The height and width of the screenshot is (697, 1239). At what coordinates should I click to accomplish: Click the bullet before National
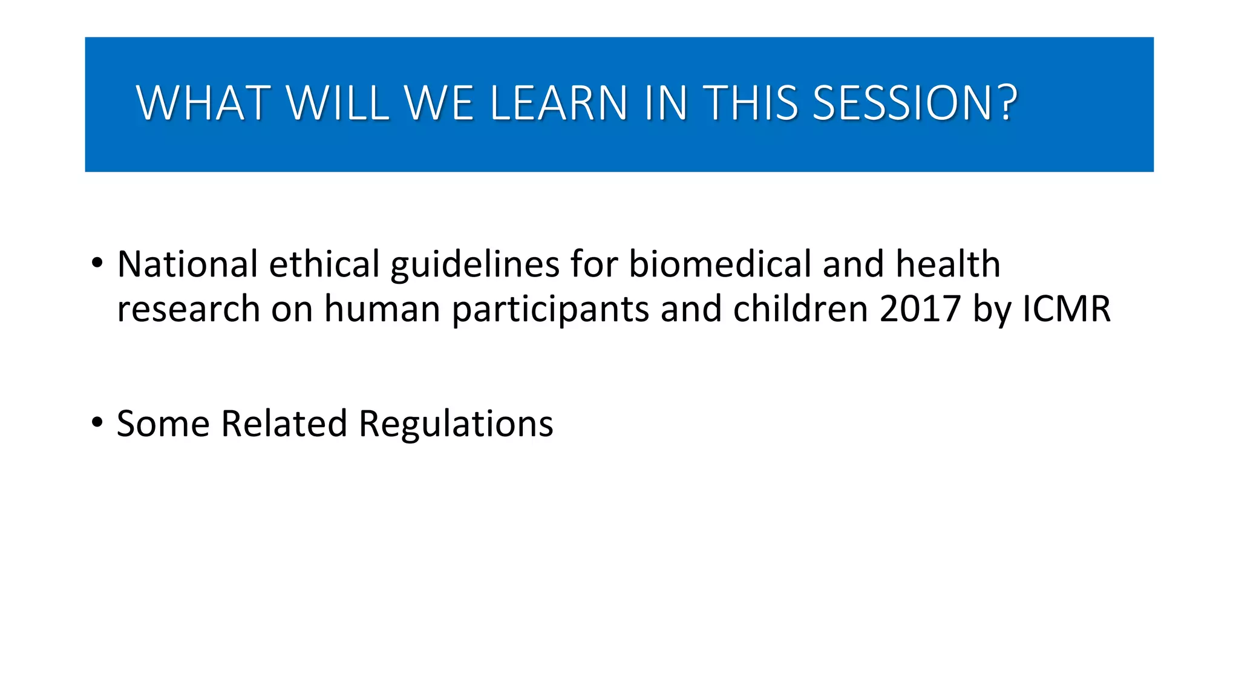(x=97, y=264)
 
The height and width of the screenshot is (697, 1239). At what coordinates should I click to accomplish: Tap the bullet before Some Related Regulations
(x=97, y=423)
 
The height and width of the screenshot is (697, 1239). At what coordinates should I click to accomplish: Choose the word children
(x=800, y=309)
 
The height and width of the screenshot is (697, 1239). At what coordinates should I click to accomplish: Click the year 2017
(x=920, y=309)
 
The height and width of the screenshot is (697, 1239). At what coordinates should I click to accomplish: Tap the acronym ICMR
(x=1066, y=309)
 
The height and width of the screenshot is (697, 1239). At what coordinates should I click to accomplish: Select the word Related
(x=284, y=423)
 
